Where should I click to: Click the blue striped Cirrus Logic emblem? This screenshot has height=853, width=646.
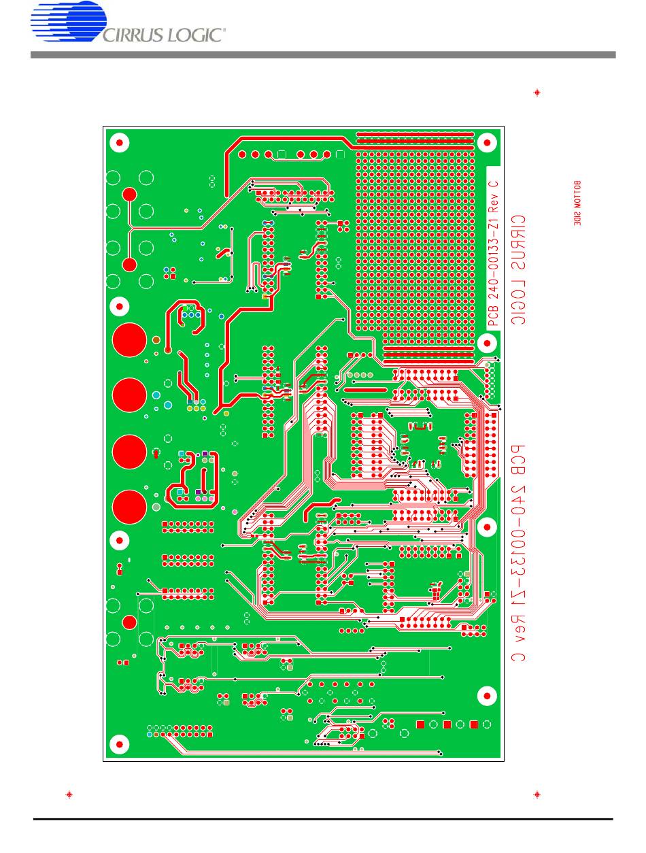click(68, 25)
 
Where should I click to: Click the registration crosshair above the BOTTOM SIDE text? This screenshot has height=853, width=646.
click(537, 93)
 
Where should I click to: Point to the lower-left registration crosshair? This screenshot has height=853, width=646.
click(69, 794)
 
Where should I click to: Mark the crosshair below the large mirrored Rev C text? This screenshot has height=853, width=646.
click(537, 794)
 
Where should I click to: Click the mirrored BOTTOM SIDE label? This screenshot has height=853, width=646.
click(578, 203)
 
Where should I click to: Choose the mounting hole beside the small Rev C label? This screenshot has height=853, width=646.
click(488, 143)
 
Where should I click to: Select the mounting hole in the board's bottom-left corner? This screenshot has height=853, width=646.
click(120, 744)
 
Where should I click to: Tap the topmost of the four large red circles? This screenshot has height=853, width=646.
click(130, 339)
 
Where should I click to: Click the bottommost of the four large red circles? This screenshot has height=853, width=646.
click(130, 507)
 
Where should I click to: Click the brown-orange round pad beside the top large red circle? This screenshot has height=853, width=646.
click(156, 339)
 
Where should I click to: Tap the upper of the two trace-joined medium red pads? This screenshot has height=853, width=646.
click(129, 195)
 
